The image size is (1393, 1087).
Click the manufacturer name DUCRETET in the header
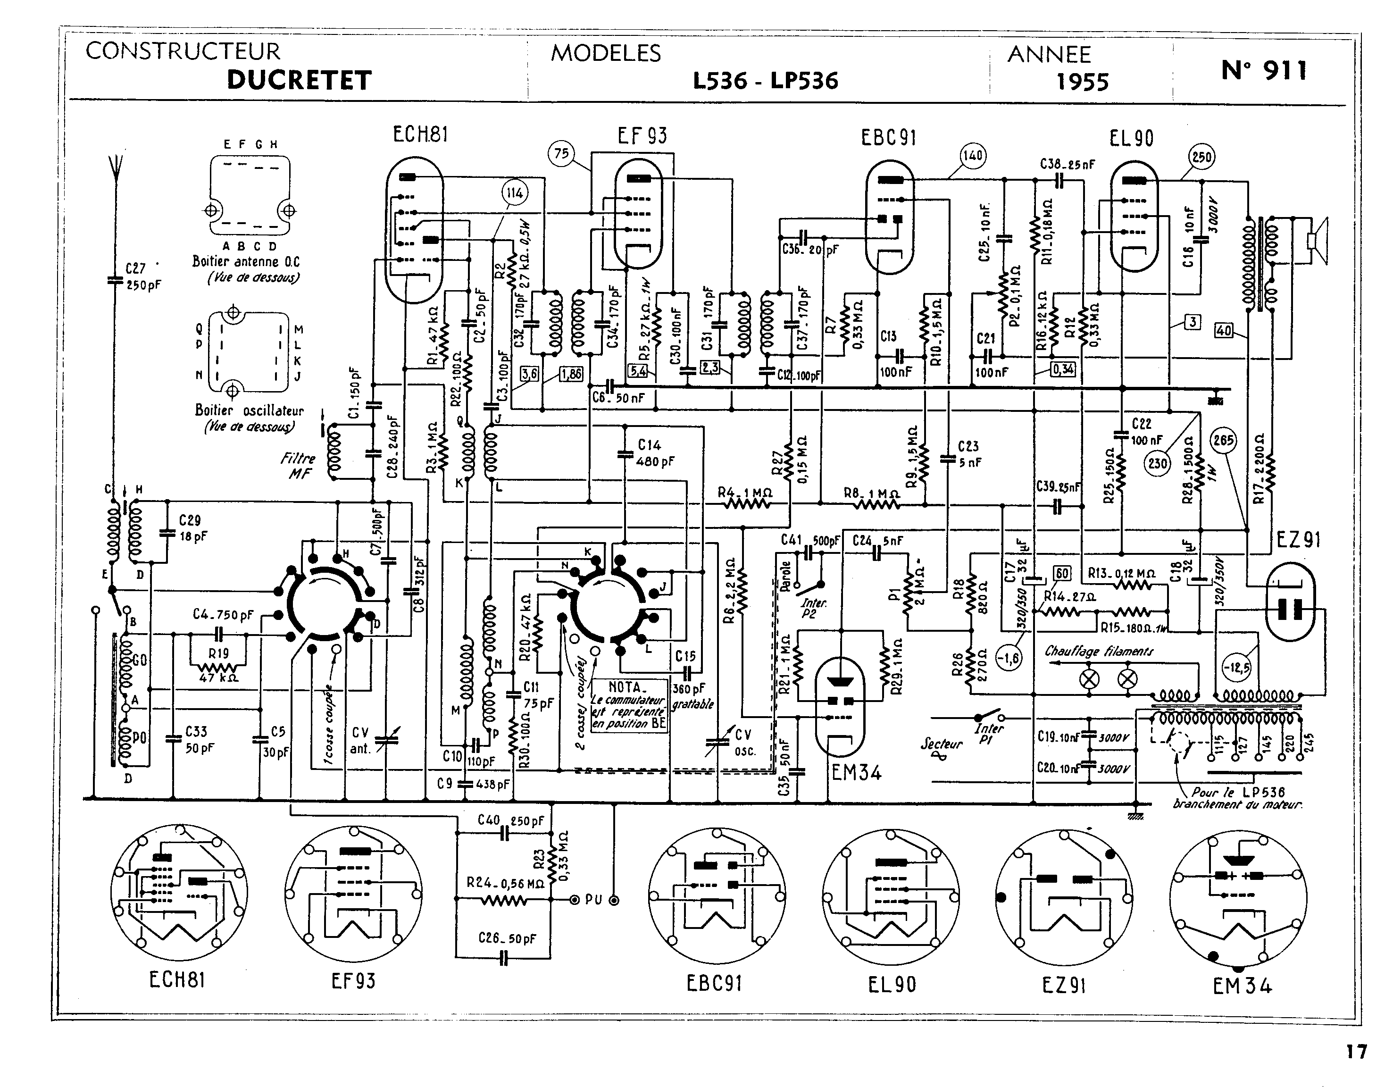point(299,80)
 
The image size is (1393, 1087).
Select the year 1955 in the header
point(1083,82)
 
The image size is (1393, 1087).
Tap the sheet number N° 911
point(1264,70)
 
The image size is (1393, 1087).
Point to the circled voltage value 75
point(561,154)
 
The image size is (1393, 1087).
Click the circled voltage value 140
point(972,155)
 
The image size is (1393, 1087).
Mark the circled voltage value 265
point(1223,441)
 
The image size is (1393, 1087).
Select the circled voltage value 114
point(515,193)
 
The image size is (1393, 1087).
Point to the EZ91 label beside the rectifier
point(1298,540)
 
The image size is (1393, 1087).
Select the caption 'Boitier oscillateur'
point(250,411)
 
